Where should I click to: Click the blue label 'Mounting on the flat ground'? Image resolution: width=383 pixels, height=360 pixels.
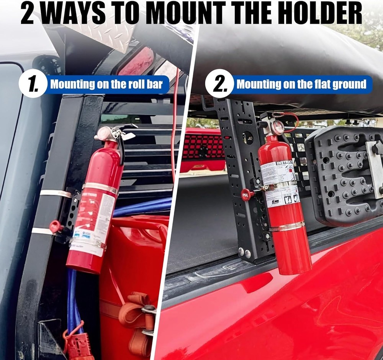coord(301,84)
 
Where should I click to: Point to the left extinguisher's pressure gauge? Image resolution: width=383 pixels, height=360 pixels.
coord(104,134)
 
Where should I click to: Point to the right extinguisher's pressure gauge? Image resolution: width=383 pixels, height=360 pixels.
coord(278,127)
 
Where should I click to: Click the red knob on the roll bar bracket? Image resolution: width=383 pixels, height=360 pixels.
coord(56,226)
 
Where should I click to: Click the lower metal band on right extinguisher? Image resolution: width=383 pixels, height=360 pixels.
coord(287,227)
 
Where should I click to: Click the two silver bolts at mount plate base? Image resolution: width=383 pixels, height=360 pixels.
coord(244,252)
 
